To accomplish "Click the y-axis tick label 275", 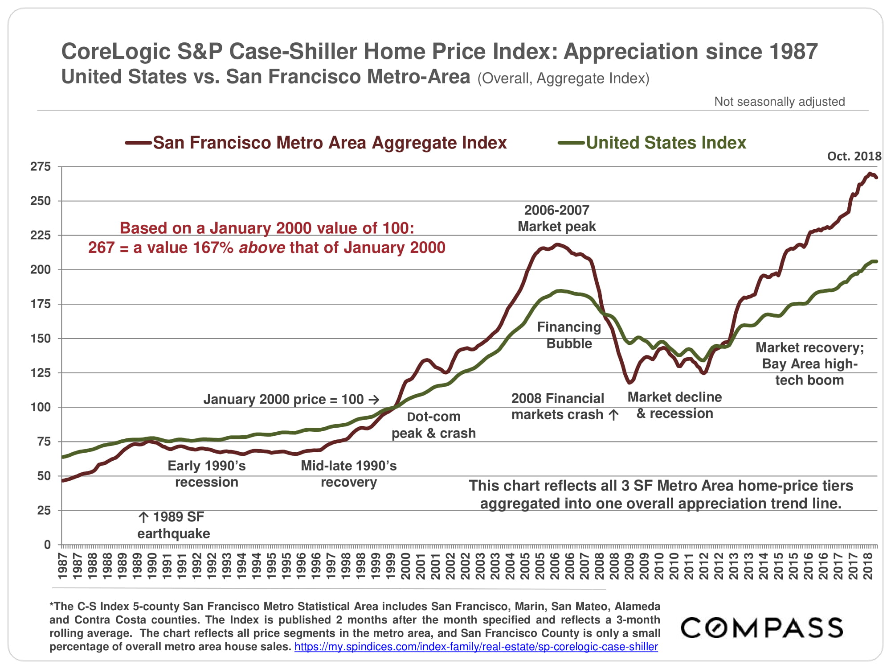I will [41, 167].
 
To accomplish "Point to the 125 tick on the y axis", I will [41, 372].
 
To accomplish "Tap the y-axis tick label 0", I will [47, 545].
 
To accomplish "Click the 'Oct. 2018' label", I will [854, 156].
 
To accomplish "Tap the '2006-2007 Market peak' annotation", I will [556, 218].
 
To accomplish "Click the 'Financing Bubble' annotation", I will [569, 335].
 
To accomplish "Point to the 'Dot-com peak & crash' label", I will [433, 425].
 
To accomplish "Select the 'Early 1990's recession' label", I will [206, 474].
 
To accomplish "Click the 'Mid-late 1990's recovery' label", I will [348, 474].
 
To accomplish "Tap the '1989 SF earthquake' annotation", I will [174, 525].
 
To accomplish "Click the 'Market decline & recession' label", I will [674, 405].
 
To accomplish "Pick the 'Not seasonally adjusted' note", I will [779, 102].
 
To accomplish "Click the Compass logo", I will [762, 628].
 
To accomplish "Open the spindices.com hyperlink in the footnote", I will [476, 647].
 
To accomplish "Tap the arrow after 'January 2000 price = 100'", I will [374, 400].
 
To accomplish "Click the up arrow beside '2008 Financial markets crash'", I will [613, 415].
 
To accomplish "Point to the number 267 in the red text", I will [101, 248].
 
